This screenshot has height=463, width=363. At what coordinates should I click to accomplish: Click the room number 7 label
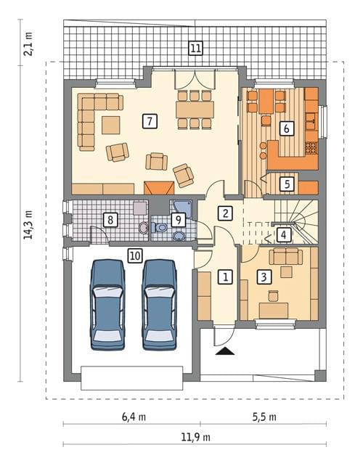click(150, 121)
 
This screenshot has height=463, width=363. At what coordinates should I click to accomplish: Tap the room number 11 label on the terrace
click(195, 48)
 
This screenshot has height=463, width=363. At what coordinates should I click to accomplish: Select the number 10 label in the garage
click(135, 255)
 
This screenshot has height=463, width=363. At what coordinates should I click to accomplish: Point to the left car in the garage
click(107, 305)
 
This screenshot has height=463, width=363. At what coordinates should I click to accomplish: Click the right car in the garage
click(160, 305)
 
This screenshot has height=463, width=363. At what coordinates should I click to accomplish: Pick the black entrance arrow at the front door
click(225, 351)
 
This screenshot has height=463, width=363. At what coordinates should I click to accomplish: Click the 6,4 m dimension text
click(134, 417)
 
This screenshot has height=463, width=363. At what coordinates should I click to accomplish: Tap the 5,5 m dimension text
click(264, 417)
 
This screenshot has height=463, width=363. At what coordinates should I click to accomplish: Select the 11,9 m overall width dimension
click(196, 437)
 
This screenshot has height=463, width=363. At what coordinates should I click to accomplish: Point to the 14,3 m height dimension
click(29, 225)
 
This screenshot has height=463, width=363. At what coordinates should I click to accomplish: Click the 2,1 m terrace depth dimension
click(29, 44)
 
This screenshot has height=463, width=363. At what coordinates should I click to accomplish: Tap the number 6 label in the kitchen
click(287, 128)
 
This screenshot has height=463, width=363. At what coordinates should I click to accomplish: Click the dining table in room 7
click(195, 110)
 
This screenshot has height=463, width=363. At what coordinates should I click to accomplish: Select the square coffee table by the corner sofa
click(111, 126)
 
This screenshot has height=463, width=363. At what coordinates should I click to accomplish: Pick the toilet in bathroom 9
click(160, 228)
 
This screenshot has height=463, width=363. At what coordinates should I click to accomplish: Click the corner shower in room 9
click(181, 209)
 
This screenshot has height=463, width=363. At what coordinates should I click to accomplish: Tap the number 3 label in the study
click(264, 277)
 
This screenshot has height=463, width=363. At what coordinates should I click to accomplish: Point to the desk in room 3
click(274, 311)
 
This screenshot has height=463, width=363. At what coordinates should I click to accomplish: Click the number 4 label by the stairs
click(284, 235)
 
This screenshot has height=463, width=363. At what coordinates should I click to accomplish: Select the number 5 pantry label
click(287, 184)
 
